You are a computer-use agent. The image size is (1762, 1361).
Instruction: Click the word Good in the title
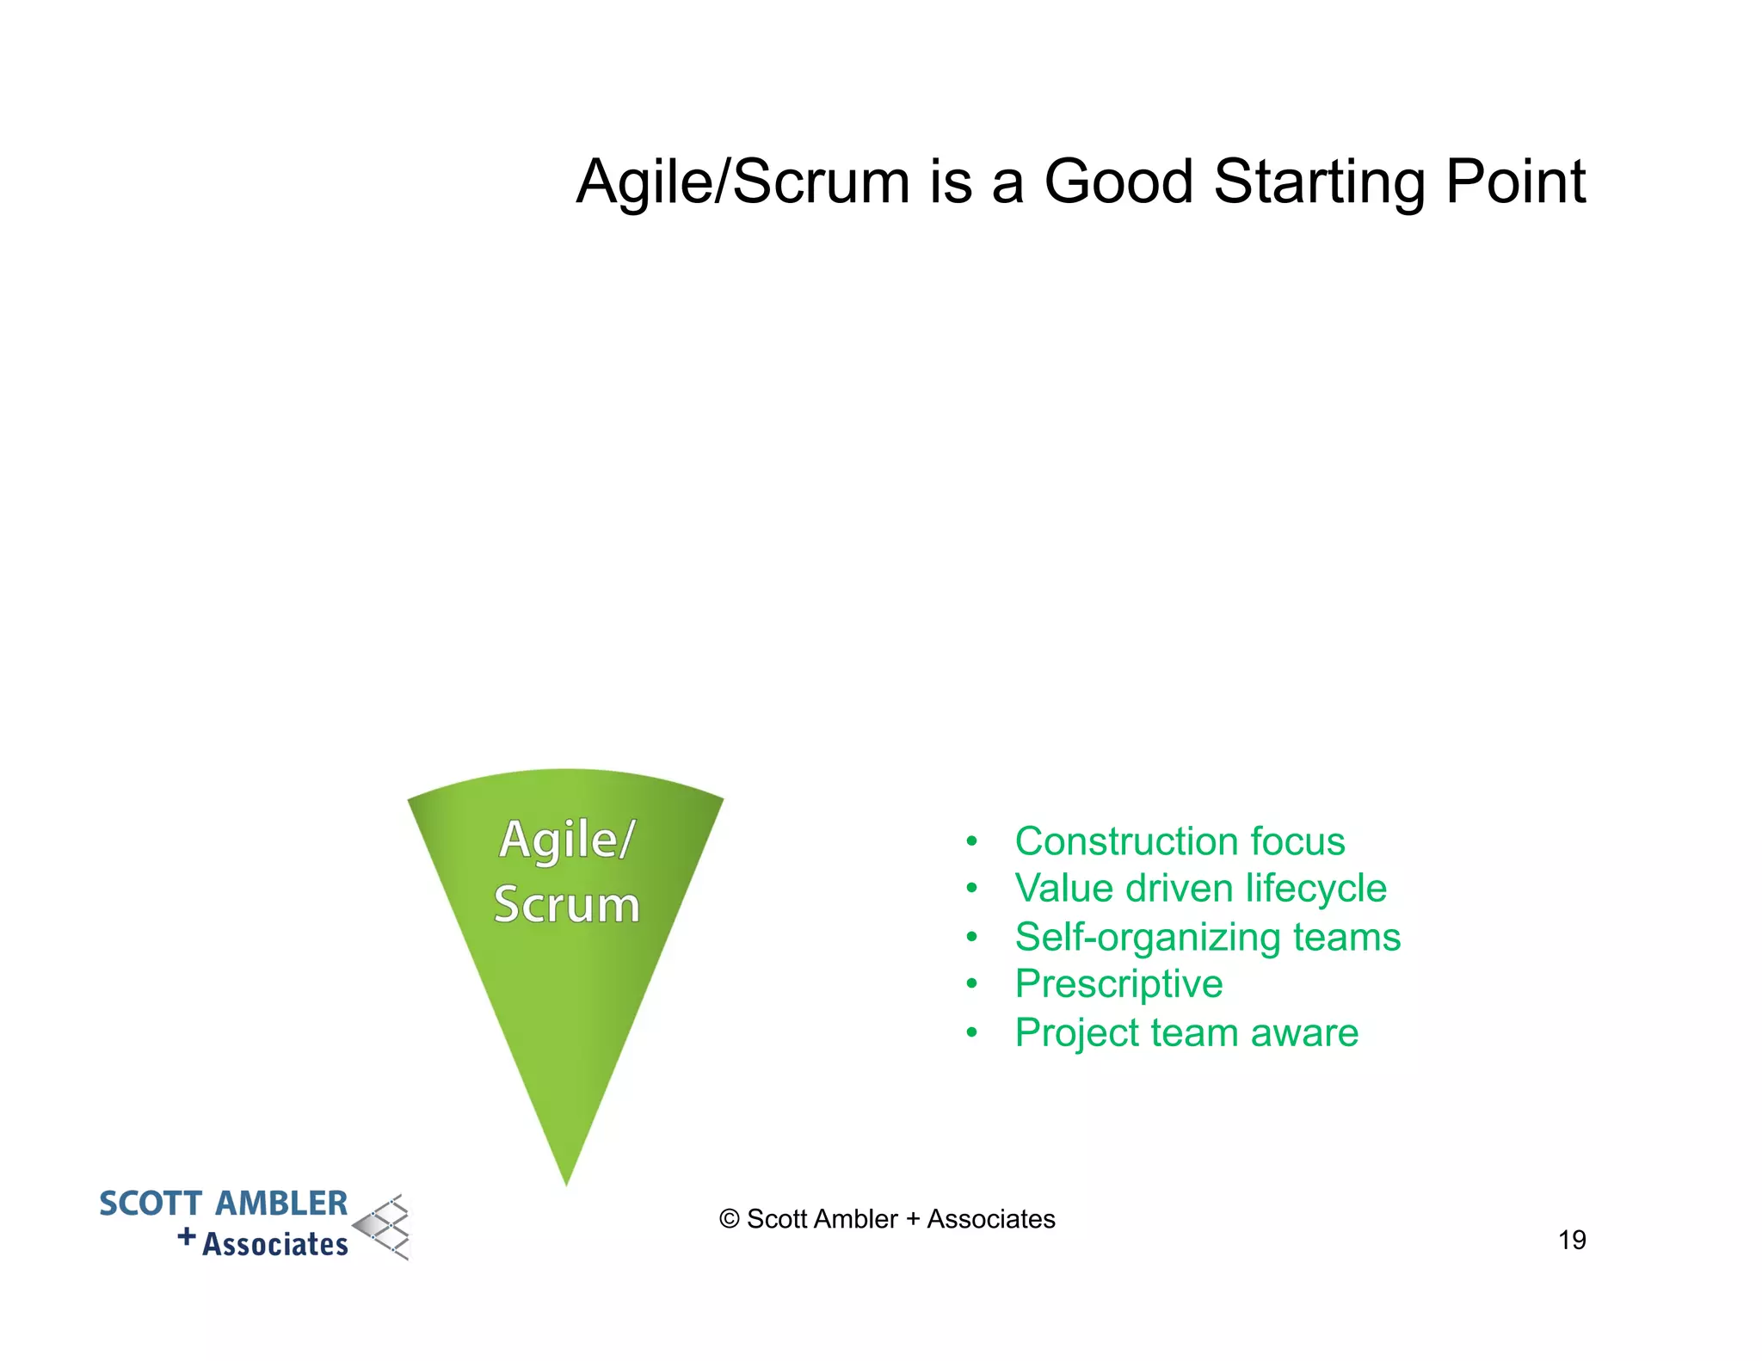1118,182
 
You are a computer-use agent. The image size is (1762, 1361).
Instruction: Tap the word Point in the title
1515,182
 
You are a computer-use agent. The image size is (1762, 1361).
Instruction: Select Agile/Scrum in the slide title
742,182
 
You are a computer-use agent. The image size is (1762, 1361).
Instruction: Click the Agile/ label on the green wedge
567,839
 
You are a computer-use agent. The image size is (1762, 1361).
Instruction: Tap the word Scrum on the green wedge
567,905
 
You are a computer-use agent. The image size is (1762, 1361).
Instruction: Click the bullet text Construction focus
1180,841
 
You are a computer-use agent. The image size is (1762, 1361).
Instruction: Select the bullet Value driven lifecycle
1200,889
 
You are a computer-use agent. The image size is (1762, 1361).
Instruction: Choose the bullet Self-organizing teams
1207,937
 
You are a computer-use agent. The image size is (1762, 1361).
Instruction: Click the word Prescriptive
1118,984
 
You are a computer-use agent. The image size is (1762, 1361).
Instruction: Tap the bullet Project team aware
1186,1032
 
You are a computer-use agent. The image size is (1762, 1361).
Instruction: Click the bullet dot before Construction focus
971,841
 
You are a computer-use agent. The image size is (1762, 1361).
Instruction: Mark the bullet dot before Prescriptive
971,984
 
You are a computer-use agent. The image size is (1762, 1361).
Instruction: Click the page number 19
1572,1240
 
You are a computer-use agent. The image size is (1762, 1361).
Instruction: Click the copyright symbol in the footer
729,1219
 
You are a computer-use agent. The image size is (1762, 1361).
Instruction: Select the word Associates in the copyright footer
990,1219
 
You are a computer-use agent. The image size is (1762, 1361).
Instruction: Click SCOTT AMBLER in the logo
223,1204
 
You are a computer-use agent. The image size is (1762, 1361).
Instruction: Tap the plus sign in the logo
187,1237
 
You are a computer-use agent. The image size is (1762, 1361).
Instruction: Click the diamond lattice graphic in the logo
384,1228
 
